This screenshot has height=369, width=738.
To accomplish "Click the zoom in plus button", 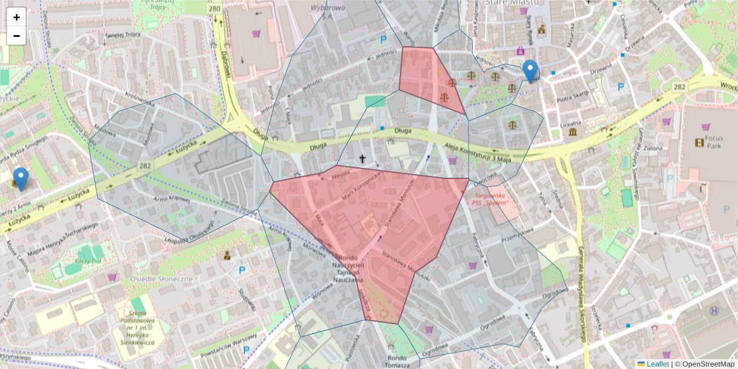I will [17, 17].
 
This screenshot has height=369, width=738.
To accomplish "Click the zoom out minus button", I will [17, 36].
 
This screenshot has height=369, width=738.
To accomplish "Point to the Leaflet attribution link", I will [657, 364].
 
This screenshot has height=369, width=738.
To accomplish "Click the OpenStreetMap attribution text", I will [707, 364].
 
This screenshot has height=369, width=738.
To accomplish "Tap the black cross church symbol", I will [363, 160].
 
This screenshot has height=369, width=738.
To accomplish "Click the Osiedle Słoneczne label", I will [161, 279].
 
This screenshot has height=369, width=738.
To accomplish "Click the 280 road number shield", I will [214, 9].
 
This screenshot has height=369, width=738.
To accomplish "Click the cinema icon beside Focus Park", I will [699, 143].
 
